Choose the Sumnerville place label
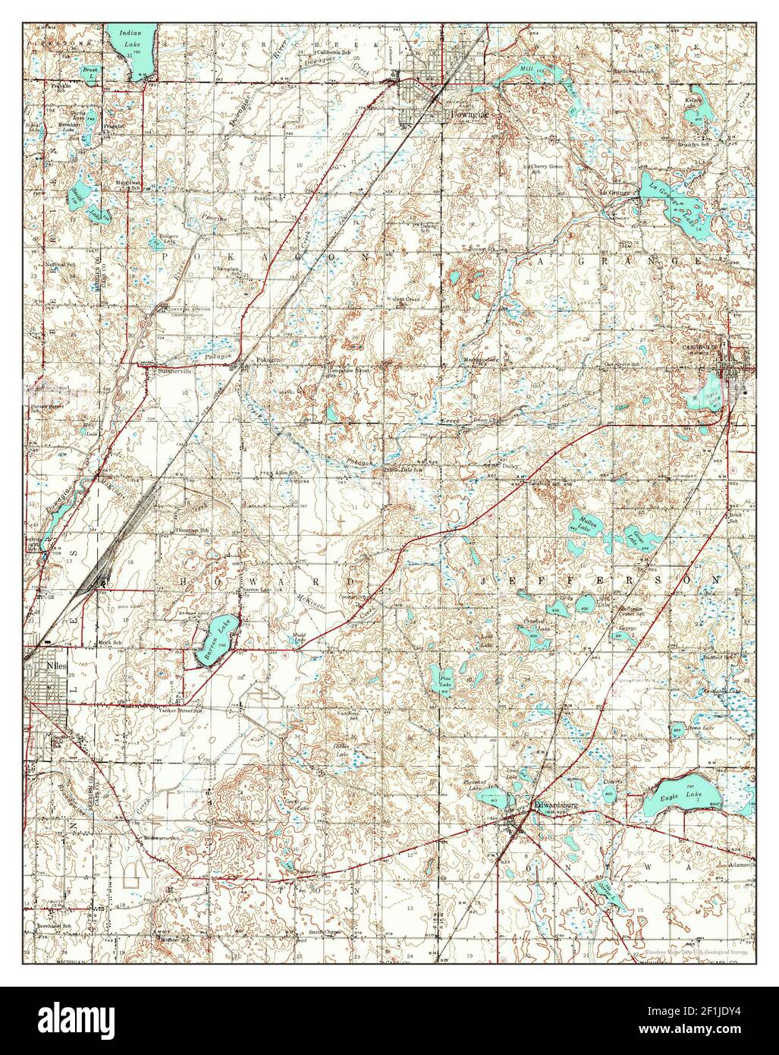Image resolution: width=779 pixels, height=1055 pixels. pos(174,372)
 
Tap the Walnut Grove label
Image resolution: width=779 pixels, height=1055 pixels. pos(403,300)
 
